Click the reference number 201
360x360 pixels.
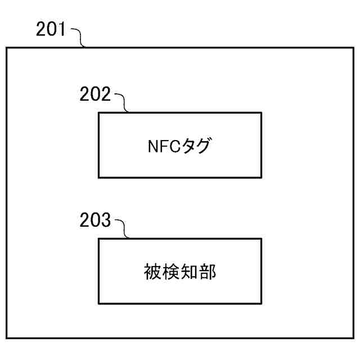(51, 29)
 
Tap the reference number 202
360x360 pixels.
(96, 94)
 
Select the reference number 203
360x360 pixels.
(96, 220)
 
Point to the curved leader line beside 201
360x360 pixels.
(79, 38)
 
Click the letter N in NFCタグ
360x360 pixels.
(151, 147)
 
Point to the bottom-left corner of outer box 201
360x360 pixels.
(7, 337)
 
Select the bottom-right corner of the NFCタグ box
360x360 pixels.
(261, 177)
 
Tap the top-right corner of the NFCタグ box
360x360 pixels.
(261, 112)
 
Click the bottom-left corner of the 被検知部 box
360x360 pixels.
(99, 304)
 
